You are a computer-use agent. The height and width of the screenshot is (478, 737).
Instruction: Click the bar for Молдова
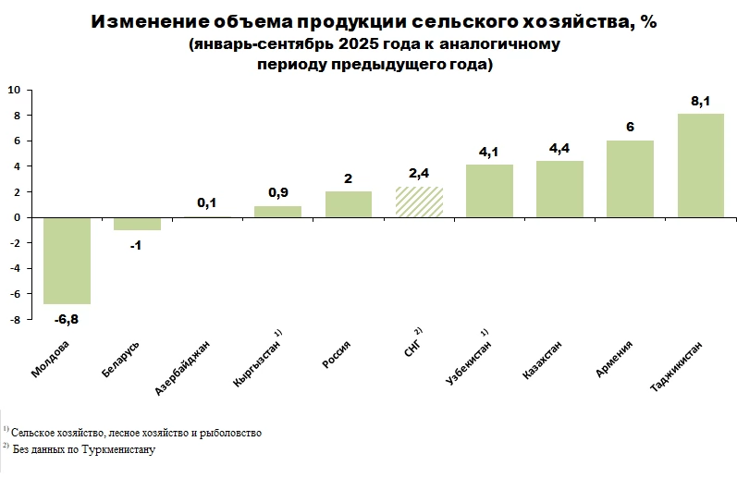click(67, 260)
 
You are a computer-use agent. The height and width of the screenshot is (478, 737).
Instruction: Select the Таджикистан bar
click(701, 165)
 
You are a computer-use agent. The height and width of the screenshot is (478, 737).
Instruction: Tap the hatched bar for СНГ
click(419, 202)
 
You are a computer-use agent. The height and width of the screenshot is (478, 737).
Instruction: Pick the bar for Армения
click(630, 178)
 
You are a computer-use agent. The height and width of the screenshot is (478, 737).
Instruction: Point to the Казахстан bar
click(559, 189)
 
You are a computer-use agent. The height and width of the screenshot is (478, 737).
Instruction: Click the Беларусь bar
click(137, 224)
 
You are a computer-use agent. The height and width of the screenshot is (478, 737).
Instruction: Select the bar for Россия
click(349, 204)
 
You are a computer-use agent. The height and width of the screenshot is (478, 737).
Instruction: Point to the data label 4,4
click(559, 149)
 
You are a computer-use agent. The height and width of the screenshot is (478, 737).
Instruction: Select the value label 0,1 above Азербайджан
click(207, 203)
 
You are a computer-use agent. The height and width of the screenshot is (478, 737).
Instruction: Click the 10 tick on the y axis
click(14, 90)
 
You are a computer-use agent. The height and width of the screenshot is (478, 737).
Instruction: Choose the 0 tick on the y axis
click(17, 217)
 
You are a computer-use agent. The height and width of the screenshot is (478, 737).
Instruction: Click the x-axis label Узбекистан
click(467, 362)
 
